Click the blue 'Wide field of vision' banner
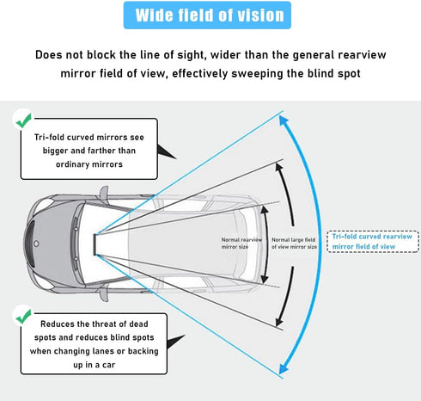pos(207,15)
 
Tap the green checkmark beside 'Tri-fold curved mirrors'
pos(24,120)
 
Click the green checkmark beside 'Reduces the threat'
pos(24,316)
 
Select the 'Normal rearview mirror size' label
pos(241,243)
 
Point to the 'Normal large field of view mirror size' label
pos(294,243)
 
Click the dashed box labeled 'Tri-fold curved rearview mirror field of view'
pos(373,242)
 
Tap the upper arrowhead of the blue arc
pos(284,120)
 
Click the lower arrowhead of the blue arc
pos(284,368)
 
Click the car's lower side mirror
pos(104,293)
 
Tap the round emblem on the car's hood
pos(36,244)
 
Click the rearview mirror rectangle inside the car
pos(95,244)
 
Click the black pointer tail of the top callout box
pos(166,151)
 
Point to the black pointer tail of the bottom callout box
pos(175,342)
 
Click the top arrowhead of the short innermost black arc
pos(264,209)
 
